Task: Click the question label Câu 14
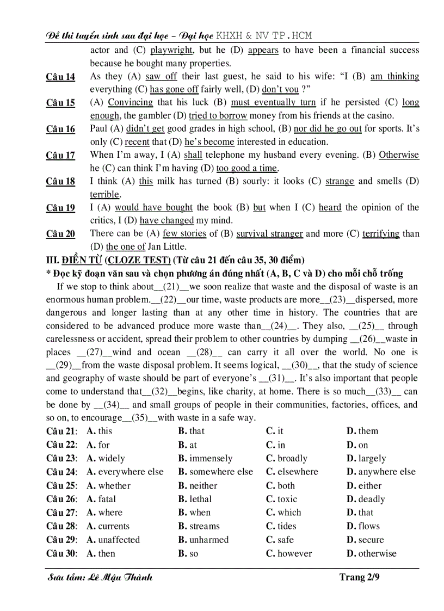(60, 77)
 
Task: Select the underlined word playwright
(171, 50)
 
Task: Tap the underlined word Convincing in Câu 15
(130, 102)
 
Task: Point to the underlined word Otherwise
(399, 155)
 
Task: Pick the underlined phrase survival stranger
(269, 234)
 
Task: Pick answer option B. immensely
(205, 459)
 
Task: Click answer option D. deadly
(366, 499)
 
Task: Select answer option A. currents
(108, 527)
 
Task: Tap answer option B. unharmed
(203, 540)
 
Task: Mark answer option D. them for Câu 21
(362, 431)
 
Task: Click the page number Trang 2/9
(359, 577)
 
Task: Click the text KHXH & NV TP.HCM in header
(264, 36)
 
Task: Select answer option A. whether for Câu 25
(109, 486)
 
